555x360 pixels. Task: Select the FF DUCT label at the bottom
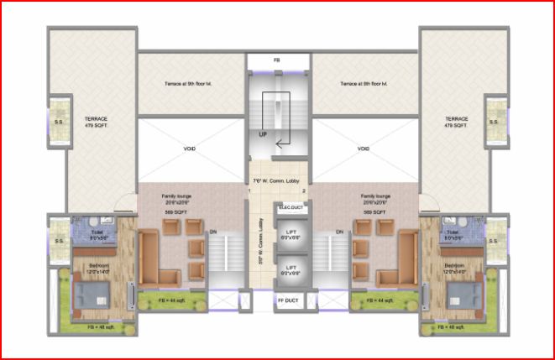click(288, 300)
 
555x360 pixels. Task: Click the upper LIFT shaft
click(291, 235)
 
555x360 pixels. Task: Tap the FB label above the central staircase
click(277, 61)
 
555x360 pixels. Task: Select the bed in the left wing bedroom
click(92, 295)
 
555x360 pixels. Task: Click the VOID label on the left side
click(190, 149)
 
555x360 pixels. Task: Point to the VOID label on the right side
click(364, 149)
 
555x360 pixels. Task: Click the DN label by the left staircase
click(212, 232)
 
